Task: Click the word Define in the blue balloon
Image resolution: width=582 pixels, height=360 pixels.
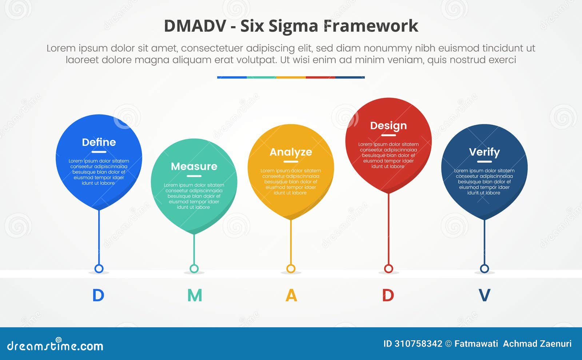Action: pos(99,142)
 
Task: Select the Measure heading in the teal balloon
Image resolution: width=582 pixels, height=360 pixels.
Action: pos(194,167)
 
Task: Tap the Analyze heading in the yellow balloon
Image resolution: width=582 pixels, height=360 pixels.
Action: pos(291,152)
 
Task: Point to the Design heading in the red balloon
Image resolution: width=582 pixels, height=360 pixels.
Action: pos(388,126)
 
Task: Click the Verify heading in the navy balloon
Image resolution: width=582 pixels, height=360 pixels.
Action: pos(484,152)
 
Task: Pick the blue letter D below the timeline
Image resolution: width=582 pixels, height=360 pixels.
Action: pos(98,295)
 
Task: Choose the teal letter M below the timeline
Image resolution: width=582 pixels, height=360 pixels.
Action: pos(195,295)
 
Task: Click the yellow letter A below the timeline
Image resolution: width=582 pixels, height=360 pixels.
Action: pos(291,295)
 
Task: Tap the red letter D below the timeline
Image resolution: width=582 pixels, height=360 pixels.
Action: pos(388,295)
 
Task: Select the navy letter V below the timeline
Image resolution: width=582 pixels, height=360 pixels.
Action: pos(484,295)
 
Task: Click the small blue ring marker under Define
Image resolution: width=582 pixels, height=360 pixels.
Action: pos(99,269)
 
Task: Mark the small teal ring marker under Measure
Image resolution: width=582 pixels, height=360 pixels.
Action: pos(194,269)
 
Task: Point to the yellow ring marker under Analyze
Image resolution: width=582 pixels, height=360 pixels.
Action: pos(291,269)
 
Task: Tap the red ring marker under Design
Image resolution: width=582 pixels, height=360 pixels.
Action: pos(388,269)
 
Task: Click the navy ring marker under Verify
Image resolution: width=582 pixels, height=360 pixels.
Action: pos(484,269)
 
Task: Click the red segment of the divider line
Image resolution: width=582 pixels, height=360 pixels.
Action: pos(320,77)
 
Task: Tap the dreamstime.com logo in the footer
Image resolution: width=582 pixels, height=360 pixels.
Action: pos(55,345)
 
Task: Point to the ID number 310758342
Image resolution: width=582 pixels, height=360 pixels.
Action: pos(418,344)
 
